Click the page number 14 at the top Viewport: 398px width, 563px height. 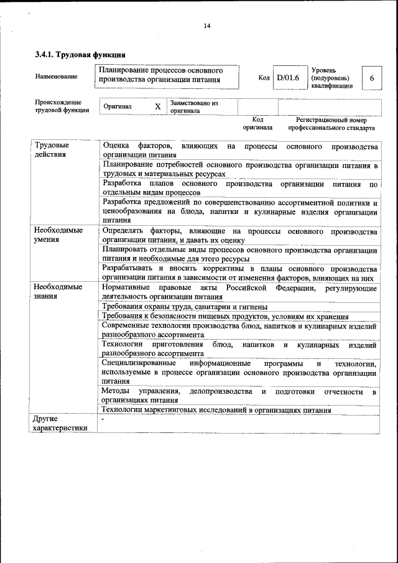coord(207,26)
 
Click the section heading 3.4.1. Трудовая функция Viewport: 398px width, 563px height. coord(76,55)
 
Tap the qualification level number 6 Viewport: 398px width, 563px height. coord(371,78)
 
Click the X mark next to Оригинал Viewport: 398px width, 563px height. coord(157,107)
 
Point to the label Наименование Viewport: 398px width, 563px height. coord(57,77)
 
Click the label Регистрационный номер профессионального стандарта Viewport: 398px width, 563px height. coord(331,124)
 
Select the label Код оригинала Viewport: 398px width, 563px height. coord(257,124)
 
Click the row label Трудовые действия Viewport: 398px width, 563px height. coord(51,150)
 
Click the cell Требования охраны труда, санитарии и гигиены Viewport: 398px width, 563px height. coord(185,307)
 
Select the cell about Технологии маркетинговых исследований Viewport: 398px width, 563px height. coord(216,410)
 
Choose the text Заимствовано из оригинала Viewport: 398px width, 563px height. coord(193,106)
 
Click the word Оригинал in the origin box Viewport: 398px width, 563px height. coord(118,107)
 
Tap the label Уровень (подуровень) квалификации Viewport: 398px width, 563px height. coord(332,78)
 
